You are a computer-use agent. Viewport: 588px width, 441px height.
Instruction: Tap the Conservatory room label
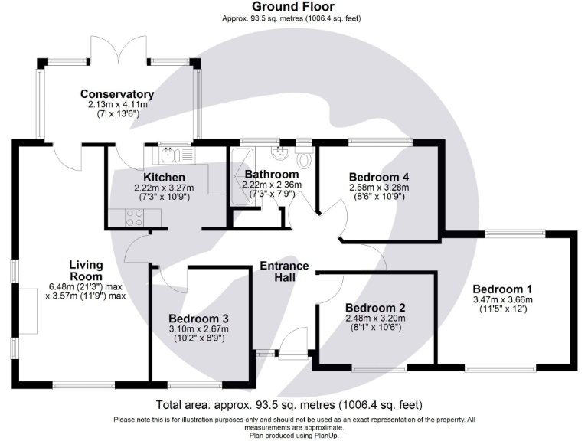coord(117,94)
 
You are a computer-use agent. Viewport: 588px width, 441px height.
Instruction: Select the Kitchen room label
coord(164,178)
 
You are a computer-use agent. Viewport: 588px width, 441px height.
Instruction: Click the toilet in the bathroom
coord(303,158)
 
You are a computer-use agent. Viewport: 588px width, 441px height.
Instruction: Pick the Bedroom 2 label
coord(374,308)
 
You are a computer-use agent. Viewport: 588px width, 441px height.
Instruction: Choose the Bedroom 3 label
coord(198,318)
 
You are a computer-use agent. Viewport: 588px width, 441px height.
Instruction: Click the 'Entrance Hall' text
coord(284,272)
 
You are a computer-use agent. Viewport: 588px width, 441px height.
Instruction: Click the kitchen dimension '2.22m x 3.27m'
coord(164,188)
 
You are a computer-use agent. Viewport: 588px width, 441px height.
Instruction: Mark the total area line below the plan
coord(293,404)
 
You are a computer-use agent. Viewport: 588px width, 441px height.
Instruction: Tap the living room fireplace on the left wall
coord(30,313)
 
